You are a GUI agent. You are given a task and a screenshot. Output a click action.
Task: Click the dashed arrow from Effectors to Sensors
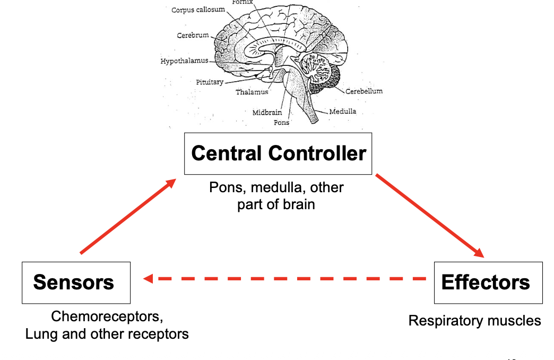[x=284, y=279]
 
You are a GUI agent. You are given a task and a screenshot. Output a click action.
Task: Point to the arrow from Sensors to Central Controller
[x=128, y=216]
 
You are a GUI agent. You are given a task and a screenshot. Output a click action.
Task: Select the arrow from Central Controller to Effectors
[x=430, y=216]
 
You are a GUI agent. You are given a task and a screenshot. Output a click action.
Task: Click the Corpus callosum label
[x=198, y=10]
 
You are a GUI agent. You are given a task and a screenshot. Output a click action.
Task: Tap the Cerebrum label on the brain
[x=193, y=35]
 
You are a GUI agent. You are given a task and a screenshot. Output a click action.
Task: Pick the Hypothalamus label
[x=185, y=61]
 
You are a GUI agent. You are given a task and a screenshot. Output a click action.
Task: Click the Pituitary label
[x=210, y=82]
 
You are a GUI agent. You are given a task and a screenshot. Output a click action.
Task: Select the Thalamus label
[x=252, y=92]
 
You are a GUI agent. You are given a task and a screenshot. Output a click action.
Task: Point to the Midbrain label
[x=267, y=113]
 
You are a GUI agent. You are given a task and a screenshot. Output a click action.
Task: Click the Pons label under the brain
[x=281, y=122]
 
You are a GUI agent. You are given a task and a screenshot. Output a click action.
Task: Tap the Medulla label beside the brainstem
[x=343, y=112]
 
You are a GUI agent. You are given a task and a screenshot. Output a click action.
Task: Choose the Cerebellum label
[x=364, y=91]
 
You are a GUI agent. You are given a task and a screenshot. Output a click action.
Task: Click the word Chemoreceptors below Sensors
[x=107, y=316]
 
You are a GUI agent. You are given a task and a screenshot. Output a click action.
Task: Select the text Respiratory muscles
[x=474, y=321]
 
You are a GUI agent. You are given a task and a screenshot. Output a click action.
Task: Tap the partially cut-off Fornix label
[x=243, y=2]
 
